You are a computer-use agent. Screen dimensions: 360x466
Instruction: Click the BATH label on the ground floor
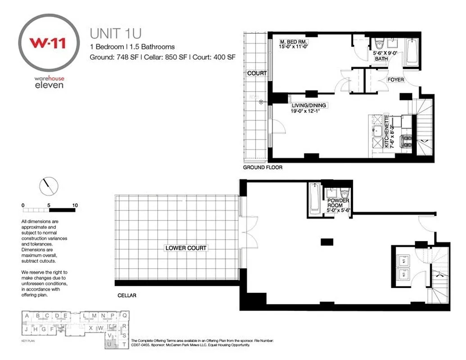pyautogui.click(x=381, y=58)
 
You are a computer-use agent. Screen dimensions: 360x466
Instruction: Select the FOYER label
pyautogui.click(x=395, y=80)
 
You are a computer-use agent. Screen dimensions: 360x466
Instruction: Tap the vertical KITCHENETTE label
pyautogui.click(x=386, y=131)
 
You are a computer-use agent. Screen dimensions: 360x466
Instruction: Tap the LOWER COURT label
pyautogui.click(x=186, y=248)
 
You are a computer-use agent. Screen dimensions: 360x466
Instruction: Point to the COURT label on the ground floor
pyautogui.click(x=257, y=73)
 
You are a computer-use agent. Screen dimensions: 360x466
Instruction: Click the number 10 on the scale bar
pyautogui.click(x=75, y=205)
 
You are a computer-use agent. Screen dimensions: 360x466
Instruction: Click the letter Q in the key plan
pyautogui.click(x=125, y=315)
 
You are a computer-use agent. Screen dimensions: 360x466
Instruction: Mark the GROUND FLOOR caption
pyautogui.click(x=262, y=167)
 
